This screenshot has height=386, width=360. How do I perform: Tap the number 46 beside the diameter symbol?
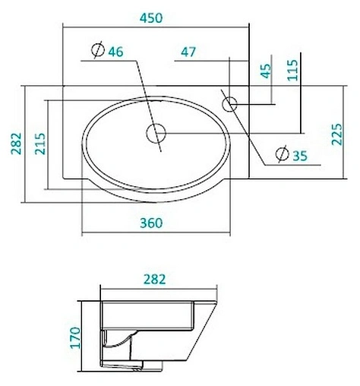[115, 52]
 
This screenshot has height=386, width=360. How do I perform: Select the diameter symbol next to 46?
[97, 52]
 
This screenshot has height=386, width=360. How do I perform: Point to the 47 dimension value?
[188, 52]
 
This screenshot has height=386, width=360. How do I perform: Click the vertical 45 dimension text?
[266, 72]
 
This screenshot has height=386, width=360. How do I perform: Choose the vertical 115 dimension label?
[293, 71]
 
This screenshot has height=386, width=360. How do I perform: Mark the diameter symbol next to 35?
[281, 155]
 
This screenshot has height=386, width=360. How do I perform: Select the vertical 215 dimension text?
[40, 144]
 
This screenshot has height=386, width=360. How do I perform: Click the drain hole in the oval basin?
[156, 134]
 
